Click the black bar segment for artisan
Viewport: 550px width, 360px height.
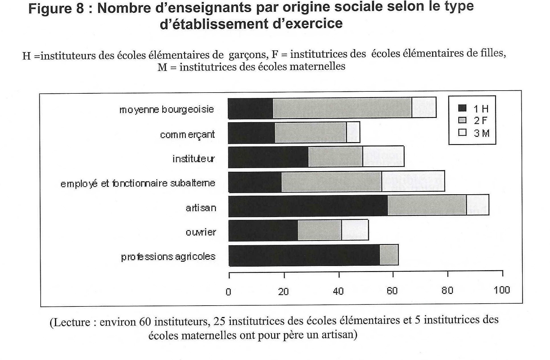coord(308,206)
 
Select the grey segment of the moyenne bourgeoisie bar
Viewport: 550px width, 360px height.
coord(342,108)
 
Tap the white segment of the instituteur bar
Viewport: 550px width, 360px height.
coord(383,156)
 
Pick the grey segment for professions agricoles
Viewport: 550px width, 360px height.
coord(389,255)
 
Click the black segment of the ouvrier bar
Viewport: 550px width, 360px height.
coord(263,230)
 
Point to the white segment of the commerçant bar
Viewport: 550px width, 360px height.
coord(353,132)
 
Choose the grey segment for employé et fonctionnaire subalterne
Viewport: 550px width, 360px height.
coord(331,182)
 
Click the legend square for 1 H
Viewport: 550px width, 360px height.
coord(462,108)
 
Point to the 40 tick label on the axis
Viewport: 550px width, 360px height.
coord(338,291)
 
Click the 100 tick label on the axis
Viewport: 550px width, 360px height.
coord(502,290)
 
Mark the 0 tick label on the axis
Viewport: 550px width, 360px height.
coord(228,292)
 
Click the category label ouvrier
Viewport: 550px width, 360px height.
coord(201,232)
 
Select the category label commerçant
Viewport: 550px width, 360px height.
coord(187,134)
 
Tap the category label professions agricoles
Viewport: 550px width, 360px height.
coord(168,257)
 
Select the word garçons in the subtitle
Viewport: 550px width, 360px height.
coord(248,54)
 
